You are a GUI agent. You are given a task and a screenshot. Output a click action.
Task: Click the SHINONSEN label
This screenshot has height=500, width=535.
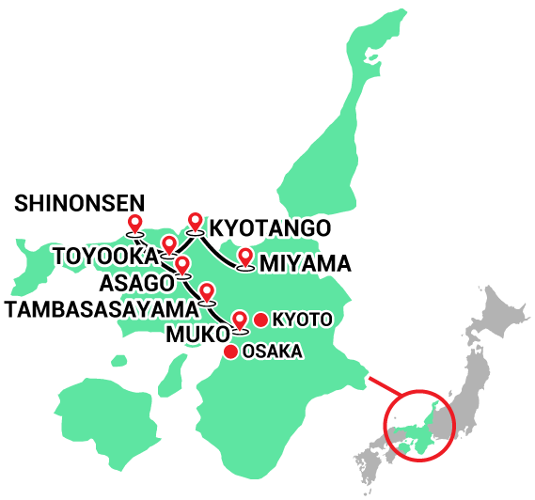pos(80,202)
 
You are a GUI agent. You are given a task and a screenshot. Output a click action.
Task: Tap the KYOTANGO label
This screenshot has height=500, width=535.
pos(269,228)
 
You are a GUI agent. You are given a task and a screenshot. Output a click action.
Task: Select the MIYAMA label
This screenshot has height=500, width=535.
pos(307,263)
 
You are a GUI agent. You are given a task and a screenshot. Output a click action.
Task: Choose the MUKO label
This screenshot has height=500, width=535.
pos(196,335)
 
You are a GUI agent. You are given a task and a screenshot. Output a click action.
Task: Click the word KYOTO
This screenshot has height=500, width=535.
pos(302,320)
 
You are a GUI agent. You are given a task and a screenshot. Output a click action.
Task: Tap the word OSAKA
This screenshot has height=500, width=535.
pos(273,352)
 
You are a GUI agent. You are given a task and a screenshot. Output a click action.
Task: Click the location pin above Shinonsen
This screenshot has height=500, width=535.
pos(134,224)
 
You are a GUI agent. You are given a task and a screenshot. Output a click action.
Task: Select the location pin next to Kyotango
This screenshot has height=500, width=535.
pos(195,221)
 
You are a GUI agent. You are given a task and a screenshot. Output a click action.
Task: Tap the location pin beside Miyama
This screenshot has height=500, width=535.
pos(246,258)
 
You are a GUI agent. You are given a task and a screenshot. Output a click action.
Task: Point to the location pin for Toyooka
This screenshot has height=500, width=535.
pos(168,246)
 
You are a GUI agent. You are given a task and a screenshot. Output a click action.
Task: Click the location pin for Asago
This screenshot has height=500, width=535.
pos(182,265)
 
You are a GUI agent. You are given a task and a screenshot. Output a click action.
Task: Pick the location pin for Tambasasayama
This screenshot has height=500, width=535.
pos(207,291)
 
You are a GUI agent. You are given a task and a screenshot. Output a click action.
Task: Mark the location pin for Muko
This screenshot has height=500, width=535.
pos(240,320)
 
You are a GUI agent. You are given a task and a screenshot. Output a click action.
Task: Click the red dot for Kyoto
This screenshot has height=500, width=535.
pos(260,320)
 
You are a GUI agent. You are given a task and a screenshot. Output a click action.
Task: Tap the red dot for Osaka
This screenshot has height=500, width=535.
pos(230,352)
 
